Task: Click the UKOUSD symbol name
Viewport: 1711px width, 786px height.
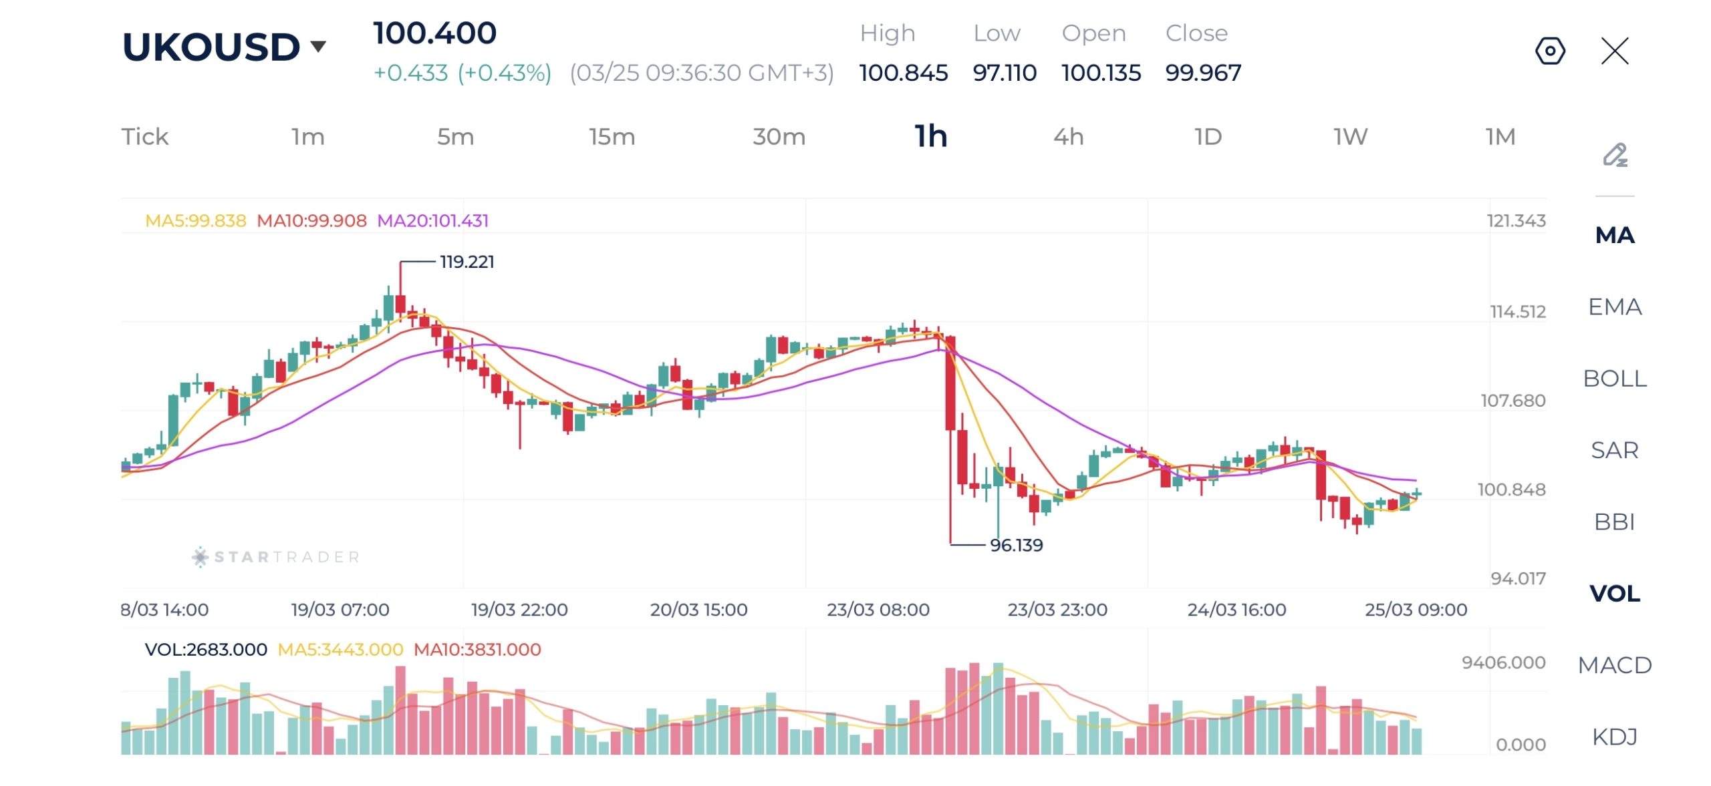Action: click(x=211, y=47)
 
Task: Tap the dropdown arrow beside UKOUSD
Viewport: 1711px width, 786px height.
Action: click(x=318, y=46)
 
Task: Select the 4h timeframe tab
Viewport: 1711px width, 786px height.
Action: click(x=1068, y=137)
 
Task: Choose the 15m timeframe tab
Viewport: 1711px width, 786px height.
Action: click(x=612, y=137)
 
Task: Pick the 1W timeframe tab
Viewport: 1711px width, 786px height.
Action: click(x=1350, y=137)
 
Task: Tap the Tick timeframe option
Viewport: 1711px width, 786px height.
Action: click(x=145, y=137)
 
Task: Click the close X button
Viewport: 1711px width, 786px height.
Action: click(x=1615, y=51)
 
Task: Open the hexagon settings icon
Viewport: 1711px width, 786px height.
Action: click(x=1550, y=51)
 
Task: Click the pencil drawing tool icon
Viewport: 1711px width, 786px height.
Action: click(x=1615, y=155)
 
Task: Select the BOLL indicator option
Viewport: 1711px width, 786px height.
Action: click(x=1615, y=379)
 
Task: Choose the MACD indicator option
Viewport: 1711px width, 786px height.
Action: click(x=1615, y=665)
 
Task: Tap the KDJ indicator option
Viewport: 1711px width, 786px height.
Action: click(x=1615, y=737)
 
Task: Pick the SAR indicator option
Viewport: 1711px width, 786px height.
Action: click(x=1615, y=450)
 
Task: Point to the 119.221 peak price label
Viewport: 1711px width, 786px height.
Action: click(x=467, y=262)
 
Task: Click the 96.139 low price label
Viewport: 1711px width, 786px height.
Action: click(x=1016, y=545)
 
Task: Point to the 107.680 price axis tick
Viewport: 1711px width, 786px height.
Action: click(x=1512, y=401)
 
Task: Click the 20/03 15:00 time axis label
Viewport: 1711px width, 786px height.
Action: click(x=698, y=610)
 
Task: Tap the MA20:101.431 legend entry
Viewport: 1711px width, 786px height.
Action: click(x=432, y=221)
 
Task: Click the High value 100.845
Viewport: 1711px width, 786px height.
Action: click(x=903, y=73)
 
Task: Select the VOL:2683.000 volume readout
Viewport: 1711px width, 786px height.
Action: click(x=206, y=650)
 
